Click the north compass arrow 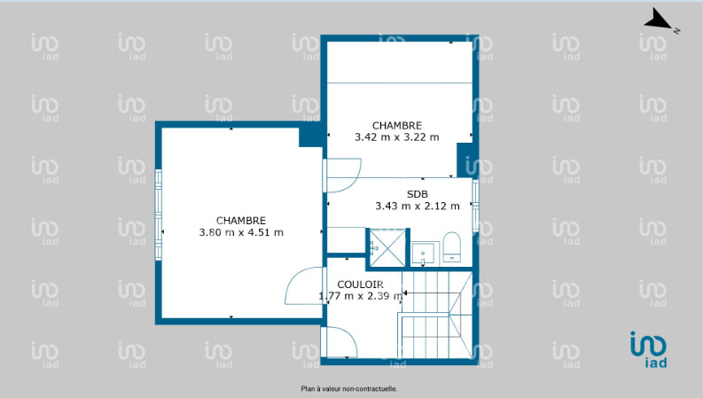click(x=658, y=21)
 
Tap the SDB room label click(x=417, y=194)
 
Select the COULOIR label click(x=360, y=285)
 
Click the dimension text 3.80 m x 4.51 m click(x=241, y=232)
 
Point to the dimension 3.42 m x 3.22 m click(x=397, y=137)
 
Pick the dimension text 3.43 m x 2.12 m click(x=418, y=207)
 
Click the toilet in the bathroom click(x=451, y=247)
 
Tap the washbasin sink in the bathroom click(x=423, y=254)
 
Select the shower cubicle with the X click(x=387, y=248)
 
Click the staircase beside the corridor click(x=436, y=315)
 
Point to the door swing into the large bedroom click(x=305, y=285)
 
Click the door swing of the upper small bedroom click(x=342, y=175)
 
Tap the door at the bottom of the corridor click(x=339, y=341)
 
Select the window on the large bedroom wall click(x=158, y=215)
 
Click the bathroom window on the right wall click(x=476, y=206)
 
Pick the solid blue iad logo click(x=648, y=349)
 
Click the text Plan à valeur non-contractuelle click(x=348, y=389)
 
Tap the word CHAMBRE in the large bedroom click(x=241, y=221)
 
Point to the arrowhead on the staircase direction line click(x=404, y=293)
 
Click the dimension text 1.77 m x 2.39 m click(x=361, y=296)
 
